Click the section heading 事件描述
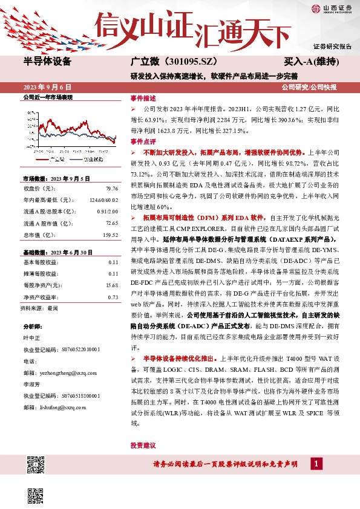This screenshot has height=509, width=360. coord(143,98)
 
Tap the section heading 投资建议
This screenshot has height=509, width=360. coord(143,445)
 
